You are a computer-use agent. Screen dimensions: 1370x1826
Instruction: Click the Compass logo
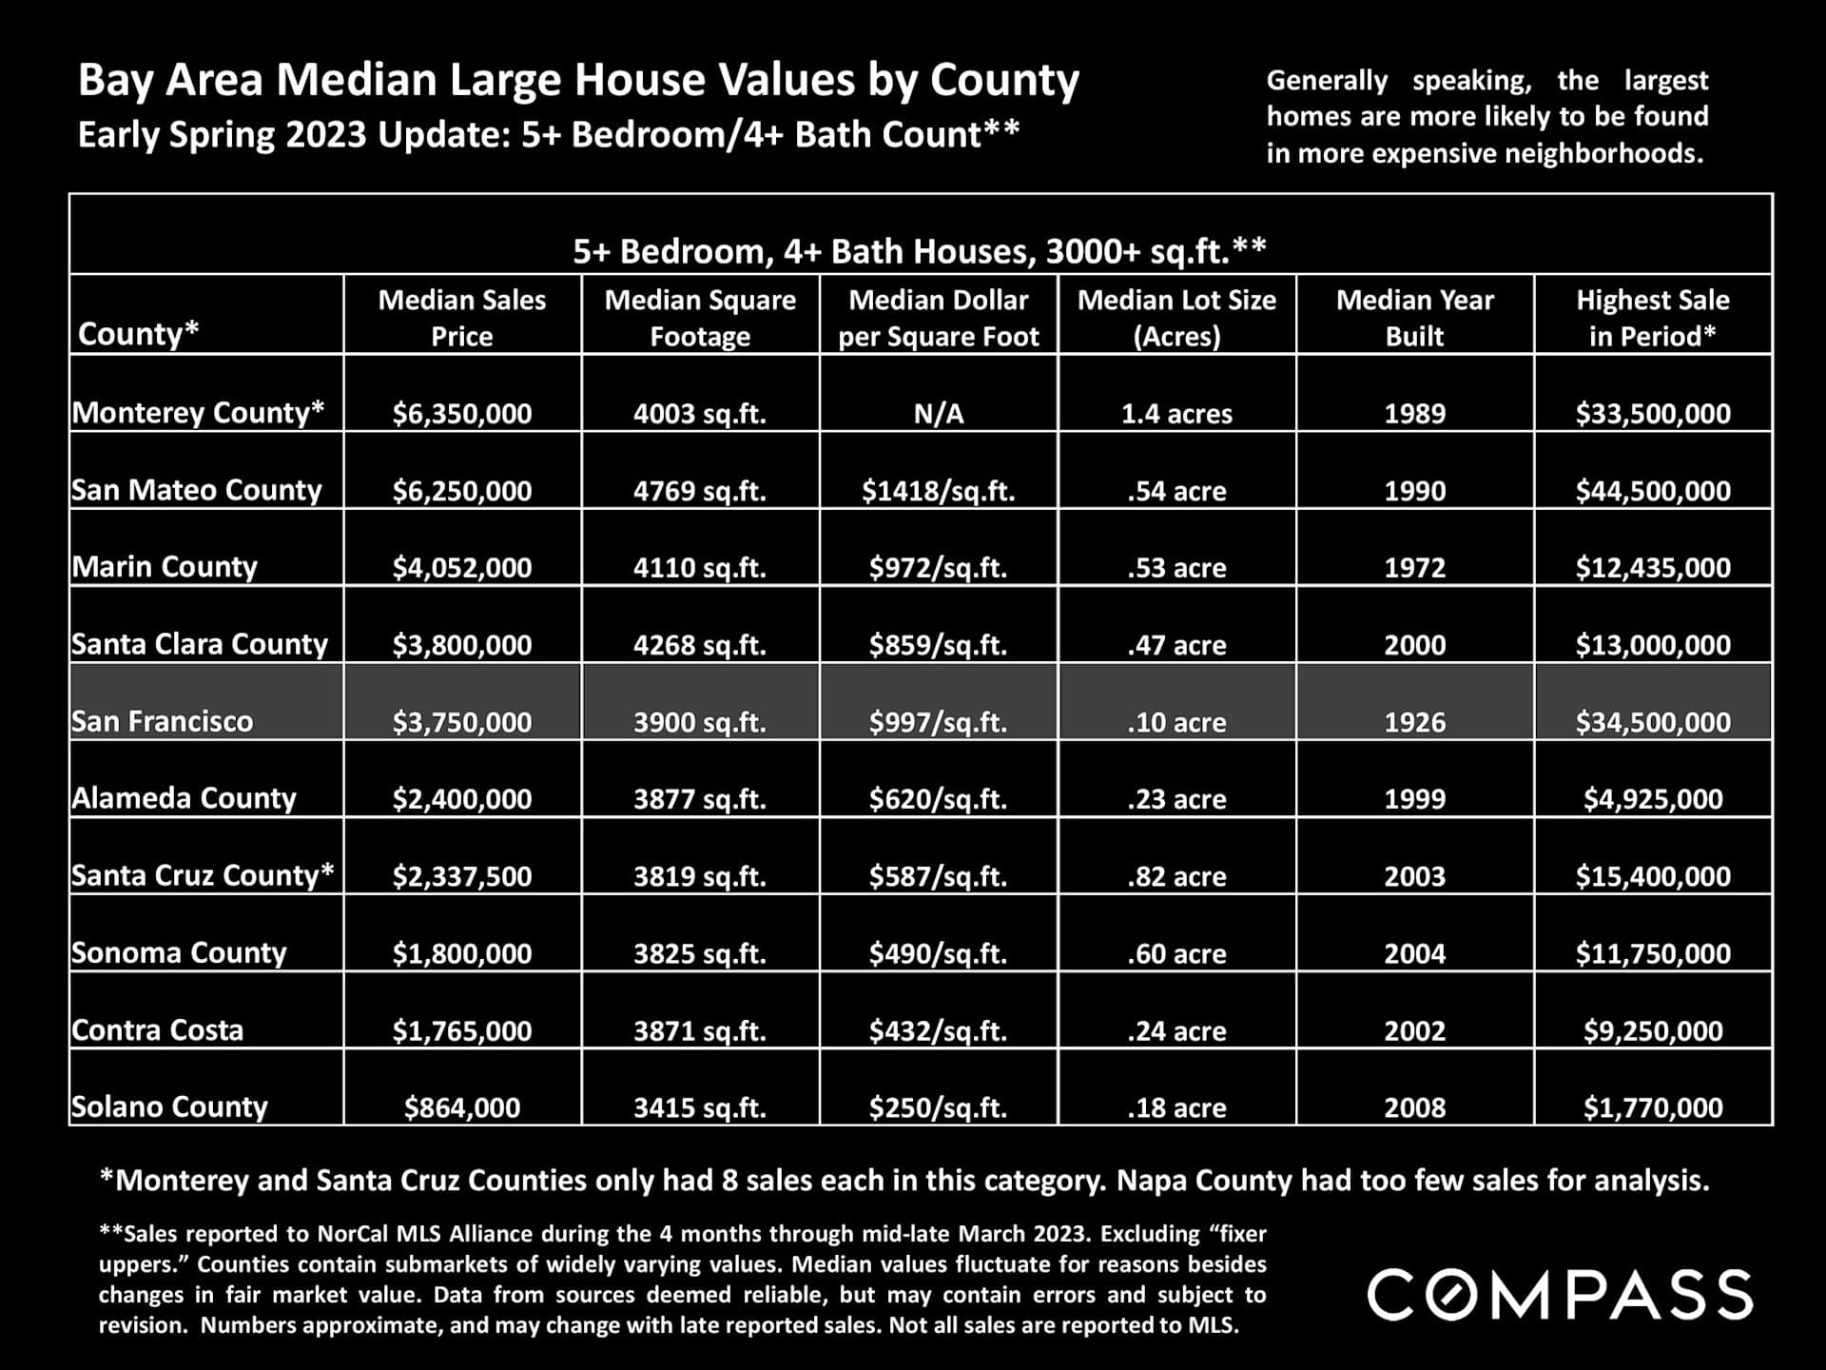click(x=1560, y=1294)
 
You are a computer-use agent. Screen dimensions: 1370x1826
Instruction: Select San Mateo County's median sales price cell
click(x=462, y=491)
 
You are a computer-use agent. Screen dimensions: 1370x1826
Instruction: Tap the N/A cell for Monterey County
click(x=939, y=414)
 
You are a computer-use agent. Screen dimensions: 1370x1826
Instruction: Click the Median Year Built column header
click(x=1414, y=317)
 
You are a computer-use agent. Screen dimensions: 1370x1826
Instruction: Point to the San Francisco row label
click(x=163, y=721)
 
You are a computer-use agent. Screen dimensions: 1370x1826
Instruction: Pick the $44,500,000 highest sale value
click(x=1653, y=491)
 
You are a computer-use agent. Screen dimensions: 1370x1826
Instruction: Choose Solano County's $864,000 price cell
click(x=462, y=1107)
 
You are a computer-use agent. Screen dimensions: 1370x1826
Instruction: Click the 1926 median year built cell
click(x=1414, y=722)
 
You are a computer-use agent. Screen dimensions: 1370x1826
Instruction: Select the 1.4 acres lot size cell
click(x=1176, y=414)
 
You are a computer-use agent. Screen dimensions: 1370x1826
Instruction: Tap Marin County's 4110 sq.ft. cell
click(x=700, y=568)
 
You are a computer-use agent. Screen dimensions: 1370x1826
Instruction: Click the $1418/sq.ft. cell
click(x=939, y=491)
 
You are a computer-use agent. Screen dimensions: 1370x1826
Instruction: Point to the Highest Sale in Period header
click(x=1653, y=317)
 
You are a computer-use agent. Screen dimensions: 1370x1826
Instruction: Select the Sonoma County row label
click(x=179, y=952)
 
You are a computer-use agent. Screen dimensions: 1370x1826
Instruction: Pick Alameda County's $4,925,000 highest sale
click(x=1653, y=799)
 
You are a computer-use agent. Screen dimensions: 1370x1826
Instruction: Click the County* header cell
click(x=139, y=333)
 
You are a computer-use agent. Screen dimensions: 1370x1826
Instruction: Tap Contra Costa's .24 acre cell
click(x=1176, y=1030)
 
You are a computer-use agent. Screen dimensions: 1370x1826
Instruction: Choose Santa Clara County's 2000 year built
click(x=1414, y=645)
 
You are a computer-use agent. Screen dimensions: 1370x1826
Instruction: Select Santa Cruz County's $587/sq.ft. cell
click(x=939, y=876)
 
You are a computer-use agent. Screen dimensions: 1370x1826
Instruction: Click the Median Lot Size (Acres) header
click(x=1176, y=317)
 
